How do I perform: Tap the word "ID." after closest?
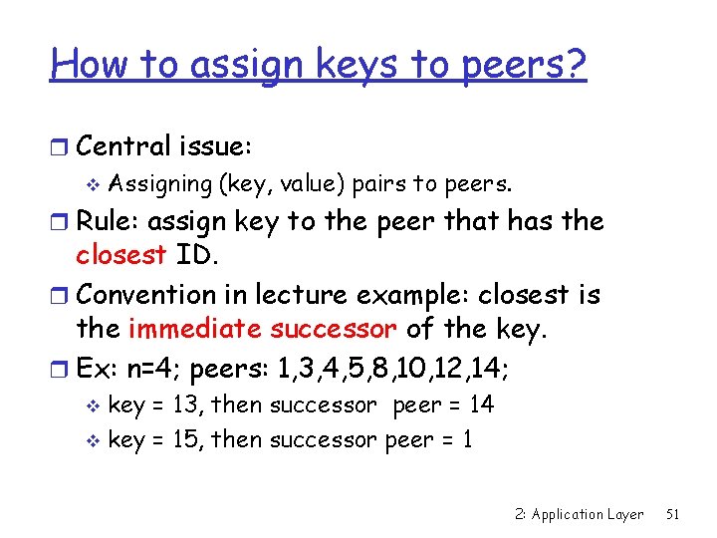tap(196, 256)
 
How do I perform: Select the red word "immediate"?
tap(206, 330)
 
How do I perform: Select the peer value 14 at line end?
tap(481, 404)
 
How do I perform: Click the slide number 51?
tap(672, 514)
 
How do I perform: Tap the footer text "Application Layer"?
tap(588, 515)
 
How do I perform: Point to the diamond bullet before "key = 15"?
tap(96, 441)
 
